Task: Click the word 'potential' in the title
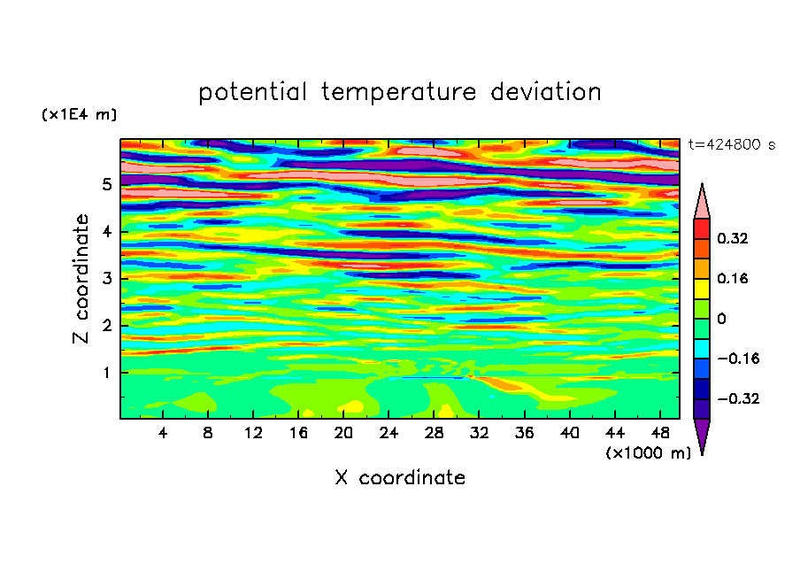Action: tap(252, 92)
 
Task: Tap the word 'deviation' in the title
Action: tap(545, 91)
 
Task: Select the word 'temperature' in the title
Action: tap(398, 93)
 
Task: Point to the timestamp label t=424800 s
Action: tap(732, 145)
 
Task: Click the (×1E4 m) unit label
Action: tap(79, 114)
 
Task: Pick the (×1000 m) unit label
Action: tap(648, 453)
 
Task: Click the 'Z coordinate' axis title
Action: tap(81, 278)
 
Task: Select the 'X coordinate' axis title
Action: tap(400, 477)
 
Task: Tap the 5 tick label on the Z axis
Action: tap(106, 184)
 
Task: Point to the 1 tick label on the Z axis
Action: tap(106, 373)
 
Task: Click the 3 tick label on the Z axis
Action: tap(106, 278)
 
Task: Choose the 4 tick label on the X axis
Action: tap(163, 433)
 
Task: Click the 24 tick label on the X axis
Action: tap(388, 433)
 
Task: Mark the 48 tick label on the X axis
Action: tap(660, 433)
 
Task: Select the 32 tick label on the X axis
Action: tap(479, 433)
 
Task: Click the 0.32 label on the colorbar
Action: tap(733, 238)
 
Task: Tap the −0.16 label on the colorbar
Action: tap(738, 359)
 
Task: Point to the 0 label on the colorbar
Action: tap(721, 319)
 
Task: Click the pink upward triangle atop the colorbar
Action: tap(702, 201)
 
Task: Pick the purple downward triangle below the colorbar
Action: tap(702, 436)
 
